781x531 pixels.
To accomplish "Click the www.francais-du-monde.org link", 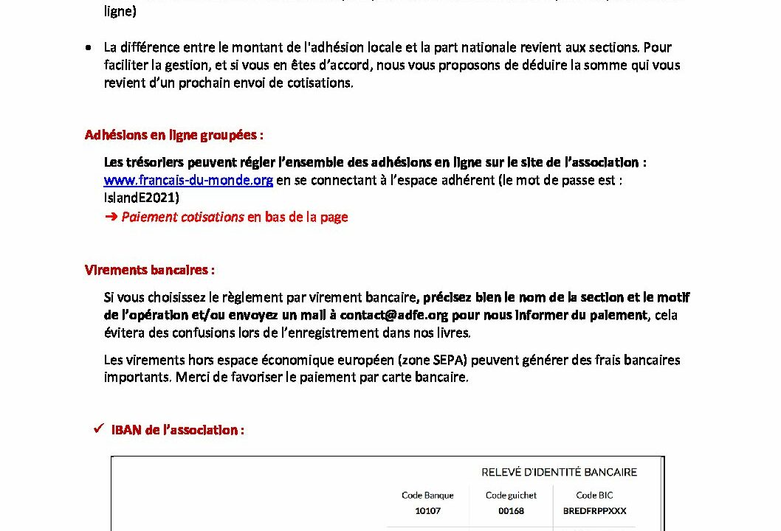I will click(188, 181).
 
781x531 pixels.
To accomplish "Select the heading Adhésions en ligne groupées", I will click(173, 135).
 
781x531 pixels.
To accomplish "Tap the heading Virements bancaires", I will click(149, 270).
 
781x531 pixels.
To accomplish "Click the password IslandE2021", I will click(141, 198).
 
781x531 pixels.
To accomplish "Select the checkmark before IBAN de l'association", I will click(97, 429).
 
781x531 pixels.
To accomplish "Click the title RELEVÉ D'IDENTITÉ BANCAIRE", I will click(559, 472).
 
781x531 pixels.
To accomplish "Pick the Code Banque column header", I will click(427, 496).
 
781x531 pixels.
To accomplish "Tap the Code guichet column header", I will click(511, 496).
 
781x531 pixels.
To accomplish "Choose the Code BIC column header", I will click(594, 496).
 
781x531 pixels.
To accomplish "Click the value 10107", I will click(427, 510).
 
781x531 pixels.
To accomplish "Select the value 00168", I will click(511, 510).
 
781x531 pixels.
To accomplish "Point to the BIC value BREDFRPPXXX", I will click(594, 510).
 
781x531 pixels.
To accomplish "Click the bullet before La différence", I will click(89, 47).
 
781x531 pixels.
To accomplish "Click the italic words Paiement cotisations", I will click(182, 217).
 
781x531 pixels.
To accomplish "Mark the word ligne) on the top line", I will click(120, 12).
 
